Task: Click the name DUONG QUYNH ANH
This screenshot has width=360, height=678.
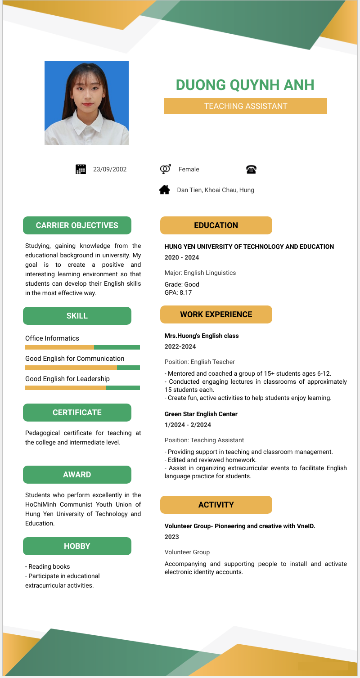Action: click(245, 85)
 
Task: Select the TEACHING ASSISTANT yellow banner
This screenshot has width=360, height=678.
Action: click(245, 106)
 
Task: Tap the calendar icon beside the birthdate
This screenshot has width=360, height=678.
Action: click(81, 169)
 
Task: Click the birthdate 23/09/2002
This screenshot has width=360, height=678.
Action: click(110, 169)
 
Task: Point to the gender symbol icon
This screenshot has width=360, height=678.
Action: click(165, 169)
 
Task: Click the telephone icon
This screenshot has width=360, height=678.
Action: click(251, 169)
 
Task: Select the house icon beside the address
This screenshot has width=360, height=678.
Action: click(165, 190)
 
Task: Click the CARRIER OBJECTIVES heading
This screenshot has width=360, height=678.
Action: click(77, 225)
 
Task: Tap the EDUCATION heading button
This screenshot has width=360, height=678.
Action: click(216, 225)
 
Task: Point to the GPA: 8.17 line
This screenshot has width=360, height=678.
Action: click(178, 292)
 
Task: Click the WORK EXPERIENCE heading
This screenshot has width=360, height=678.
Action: click(216, 314)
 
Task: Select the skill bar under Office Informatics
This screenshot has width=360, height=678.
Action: click(82, 347)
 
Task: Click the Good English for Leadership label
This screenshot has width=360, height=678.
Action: click(67, 379)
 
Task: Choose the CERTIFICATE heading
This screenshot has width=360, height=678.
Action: click(77, 413)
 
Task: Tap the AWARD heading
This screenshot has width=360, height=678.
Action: click(77, 475)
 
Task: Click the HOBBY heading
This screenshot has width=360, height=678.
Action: click(77, 546)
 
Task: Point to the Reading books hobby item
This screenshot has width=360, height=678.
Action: click(49, 566)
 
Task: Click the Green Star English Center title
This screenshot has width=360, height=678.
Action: click(201, 414)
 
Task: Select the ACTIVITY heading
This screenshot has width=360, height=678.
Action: click(216, 505)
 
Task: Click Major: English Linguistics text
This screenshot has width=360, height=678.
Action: click(200, 273)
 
